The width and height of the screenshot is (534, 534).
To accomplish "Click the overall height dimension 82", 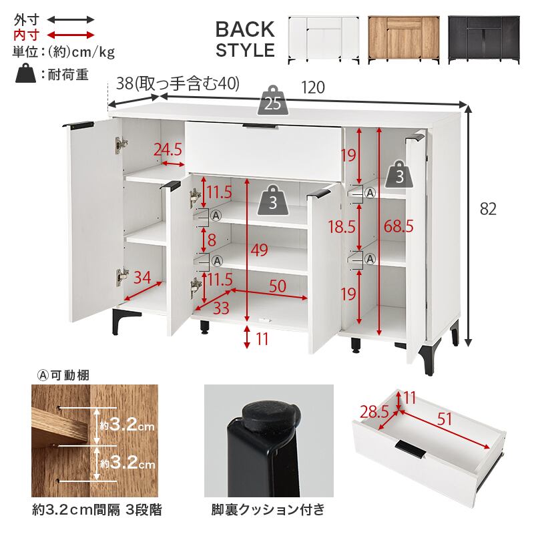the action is [x=488, y=209].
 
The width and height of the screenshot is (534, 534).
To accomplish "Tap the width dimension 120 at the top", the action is [x=313, y=87].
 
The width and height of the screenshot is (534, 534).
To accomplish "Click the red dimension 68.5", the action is [x=398, y=226].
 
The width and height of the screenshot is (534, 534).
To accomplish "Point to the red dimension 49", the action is [x=260, y=250].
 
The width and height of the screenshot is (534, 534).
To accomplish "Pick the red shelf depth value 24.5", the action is [x=168, y=150].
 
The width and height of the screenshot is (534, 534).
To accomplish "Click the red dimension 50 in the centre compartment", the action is [x=278, y=286].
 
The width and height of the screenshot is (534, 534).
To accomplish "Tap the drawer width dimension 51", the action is [x=445, y=419].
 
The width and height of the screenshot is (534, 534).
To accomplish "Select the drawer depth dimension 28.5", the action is [x=374, y=412].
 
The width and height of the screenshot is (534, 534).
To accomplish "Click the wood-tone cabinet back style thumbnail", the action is [x=404, y=40].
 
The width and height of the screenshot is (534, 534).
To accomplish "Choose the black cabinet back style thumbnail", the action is [x=483, y=40].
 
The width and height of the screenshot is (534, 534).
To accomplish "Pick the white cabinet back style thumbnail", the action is [x=324, y=40].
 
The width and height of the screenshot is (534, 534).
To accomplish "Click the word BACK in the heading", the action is [x=245, y=29].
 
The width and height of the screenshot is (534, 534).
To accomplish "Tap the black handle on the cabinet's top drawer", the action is [x=260, y=127].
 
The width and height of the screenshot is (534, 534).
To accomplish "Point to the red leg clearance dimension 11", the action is [x=262, y=339].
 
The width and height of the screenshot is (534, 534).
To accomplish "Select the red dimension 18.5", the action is [x=342, y=226].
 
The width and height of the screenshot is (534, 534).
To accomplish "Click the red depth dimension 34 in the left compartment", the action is [x=142, y=277].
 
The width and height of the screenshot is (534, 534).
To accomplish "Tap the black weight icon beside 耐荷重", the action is [x=25, y=73].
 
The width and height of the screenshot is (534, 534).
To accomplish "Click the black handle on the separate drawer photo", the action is [x=411, y=449].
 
